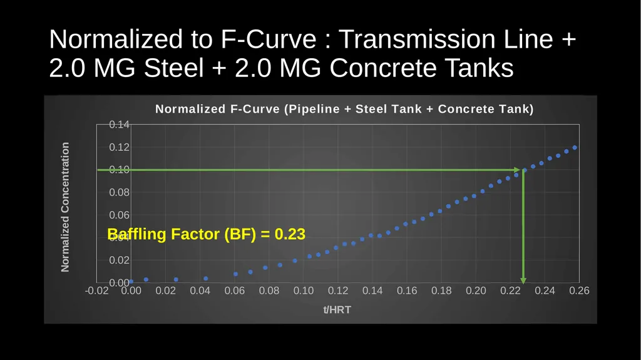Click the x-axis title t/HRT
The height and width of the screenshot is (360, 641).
[x=337, y=310]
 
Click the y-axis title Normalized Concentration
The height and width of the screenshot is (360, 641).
[x=65, y=207]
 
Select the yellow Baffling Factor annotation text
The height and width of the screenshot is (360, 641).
[x=206, y=234]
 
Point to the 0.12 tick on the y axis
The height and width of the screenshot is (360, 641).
[x=119, y=147]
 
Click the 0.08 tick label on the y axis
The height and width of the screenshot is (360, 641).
[x=119, y=192]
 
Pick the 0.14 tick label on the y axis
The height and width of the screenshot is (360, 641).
[x=119, y=125]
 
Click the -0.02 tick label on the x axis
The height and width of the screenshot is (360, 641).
[x=97, y=291]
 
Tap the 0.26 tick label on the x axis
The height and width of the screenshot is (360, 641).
[x=579, y=291]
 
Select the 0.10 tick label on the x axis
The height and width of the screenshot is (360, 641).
[x=304, y=291]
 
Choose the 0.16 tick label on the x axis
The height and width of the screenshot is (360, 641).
[x=407, y=291]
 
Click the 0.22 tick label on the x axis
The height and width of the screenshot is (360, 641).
[x=510, y=291]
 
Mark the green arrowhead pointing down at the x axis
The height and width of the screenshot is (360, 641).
[x=523, y=280]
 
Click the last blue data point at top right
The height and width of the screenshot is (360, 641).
[x=575, y=148]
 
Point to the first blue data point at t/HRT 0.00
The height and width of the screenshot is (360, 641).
[x=131, y=282]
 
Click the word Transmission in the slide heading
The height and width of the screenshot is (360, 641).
[x=418, y=39]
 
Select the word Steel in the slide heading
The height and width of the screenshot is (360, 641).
[x=174, y=68]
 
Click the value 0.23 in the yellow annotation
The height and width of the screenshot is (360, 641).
[x=290, y=234]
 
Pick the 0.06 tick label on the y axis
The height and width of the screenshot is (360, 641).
[x=119, y=215]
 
